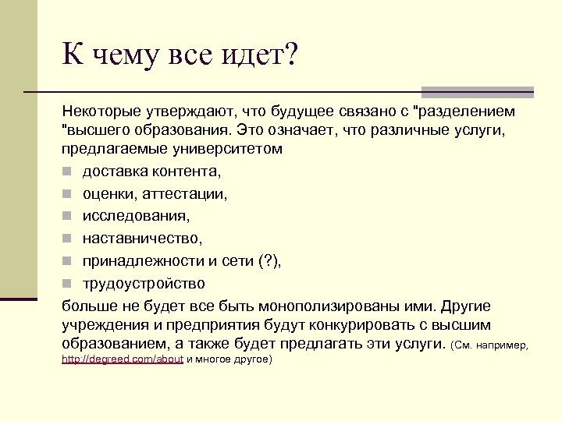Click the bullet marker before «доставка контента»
tap(68, 171)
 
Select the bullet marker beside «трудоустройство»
tap(68, 283)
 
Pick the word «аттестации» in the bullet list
tap(189, 193)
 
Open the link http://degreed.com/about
tap(123, 359)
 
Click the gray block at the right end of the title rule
tap(477, 92)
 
